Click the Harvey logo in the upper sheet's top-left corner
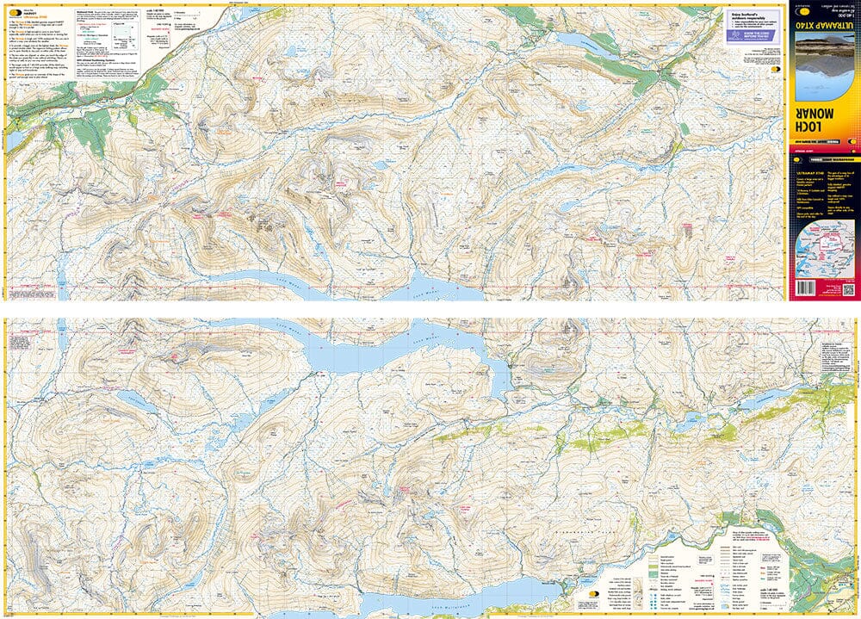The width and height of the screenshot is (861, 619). pos(15,12)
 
